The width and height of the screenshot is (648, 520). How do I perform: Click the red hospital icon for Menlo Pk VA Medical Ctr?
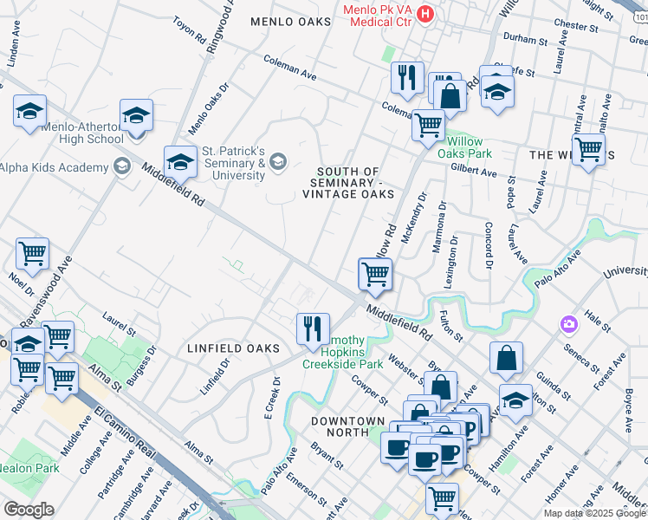point(425,13)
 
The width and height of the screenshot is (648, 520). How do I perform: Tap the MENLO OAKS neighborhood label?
point(290,21)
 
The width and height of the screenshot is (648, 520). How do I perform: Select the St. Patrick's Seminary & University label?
point(233,163)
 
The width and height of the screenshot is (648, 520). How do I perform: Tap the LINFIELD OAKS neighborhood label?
point(233,348)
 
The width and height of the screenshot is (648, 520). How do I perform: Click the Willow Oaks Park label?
point(469,147)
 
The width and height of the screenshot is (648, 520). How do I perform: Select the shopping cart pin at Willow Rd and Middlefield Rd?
point(375,274)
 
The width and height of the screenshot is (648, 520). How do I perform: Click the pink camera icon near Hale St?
point(569,324)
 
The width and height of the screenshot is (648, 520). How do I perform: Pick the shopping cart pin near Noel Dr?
point(32,254)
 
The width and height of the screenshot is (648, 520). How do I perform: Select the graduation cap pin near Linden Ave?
point(29,112)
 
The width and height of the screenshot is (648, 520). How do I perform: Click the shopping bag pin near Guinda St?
point(506,357)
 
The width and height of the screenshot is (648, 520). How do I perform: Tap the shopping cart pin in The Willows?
point(589,149)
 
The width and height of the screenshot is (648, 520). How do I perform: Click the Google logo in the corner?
point(28,509)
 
